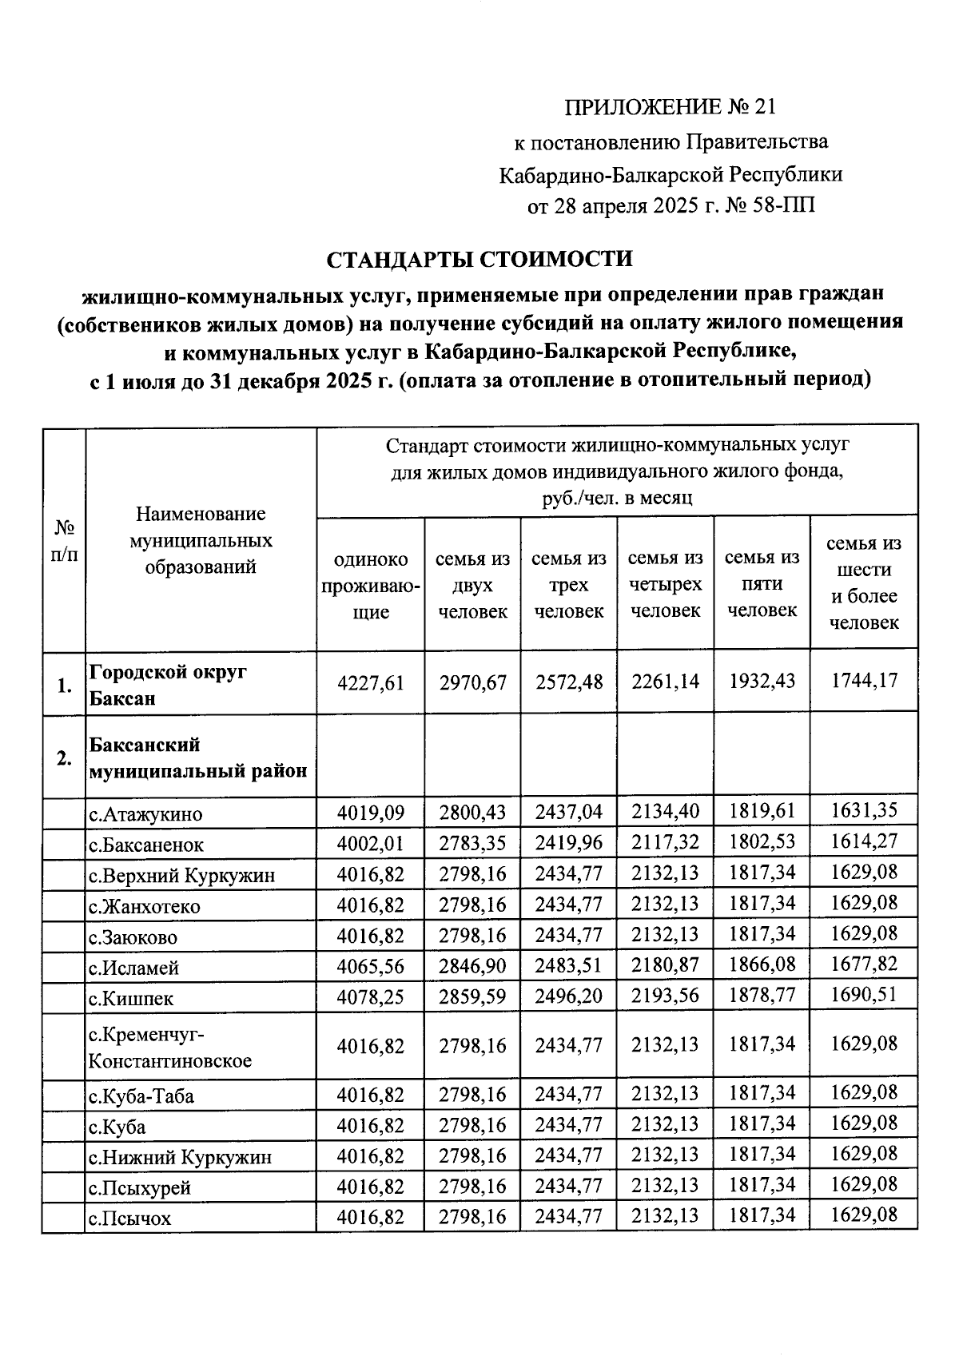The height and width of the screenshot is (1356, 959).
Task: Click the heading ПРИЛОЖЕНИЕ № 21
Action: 670,107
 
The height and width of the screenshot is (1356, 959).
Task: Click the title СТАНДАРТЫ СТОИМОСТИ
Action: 479,260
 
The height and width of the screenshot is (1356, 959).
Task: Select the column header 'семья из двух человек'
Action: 472,585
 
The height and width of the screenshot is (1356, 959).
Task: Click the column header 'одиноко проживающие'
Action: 370,585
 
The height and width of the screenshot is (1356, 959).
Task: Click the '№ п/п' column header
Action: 64,541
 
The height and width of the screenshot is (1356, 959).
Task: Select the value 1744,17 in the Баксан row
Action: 863,681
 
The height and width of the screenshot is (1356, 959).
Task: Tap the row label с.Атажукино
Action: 145,815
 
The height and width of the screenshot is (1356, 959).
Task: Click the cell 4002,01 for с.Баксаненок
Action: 370,844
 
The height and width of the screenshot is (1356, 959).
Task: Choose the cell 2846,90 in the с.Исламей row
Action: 472,966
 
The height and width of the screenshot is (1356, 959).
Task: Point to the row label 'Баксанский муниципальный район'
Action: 197,758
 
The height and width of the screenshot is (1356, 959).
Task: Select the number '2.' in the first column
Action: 64,758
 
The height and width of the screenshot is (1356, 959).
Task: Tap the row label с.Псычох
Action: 129,1219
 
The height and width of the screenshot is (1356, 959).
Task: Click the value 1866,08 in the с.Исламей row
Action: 762,964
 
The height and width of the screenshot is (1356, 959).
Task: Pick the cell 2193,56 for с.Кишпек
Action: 665,996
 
